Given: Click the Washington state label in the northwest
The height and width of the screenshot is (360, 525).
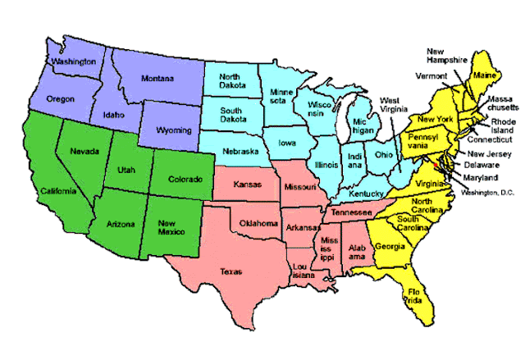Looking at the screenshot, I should point(73,62).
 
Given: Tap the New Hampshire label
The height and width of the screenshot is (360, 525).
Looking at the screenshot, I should point(448,56).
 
